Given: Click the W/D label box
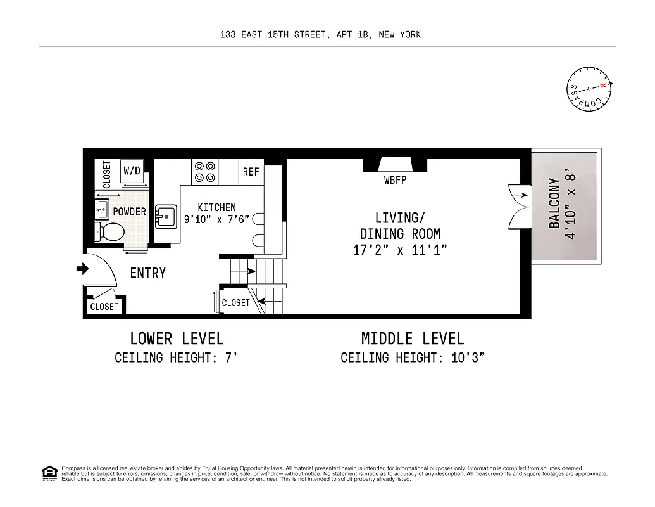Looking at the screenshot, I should pyautogui.click(x=132, y=170).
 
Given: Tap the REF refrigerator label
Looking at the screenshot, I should pyautogui.click(x=251, y=172).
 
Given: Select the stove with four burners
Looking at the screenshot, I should pyautogui.click(x=205, y=171).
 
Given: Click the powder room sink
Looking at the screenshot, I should pyautogui.click(x=102, y=208).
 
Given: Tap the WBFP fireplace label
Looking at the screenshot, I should pyautogui.click(x=395, y=180).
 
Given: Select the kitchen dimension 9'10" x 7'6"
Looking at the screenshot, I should pyautogui.click(x=216, y=219).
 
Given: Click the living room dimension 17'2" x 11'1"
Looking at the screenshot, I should pyautogui.click(x=400, y=250).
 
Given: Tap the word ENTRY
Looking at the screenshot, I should pyautogui.click(x=147, y=273).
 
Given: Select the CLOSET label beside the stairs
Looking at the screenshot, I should pyautogui.click(x=235, y=303).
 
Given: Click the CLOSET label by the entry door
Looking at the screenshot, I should pyautogui.click(x=104, y=307).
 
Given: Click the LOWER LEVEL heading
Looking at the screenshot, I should pyautogui.click(x=177, y=338).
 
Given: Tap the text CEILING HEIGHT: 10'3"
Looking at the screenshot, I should pyautogui.click(x=413, y=357).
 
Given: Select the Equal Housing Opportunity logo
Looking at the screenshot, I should pyautogui.click(x=49, y=473).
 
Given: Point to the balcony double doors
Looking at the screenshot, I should pyautogui.click(x=517, y=205).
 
